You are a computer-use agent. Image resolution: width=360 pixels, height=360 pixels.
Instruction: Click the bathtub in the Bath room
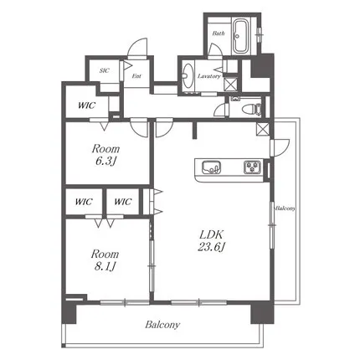(239, 36)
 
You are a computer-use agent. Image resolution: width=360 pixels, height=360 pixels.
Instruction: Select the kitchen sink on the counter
(211, 167)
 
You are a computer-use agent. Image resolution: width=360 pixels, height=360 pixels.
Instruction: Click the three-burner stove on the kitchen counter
(252, 167)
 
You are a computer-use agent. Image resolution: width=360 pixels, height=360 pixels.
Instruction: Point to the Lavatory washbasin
(188, 75)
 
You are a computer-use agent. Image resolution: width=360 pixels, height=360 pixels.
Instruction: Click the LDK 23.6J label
(211, 240)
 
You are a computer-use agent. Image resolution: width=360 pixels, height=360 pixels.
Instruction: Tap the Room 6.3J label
(105, 155)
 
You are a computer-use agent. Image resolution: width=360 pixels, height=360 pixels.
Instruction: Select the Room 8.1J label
(105, 260)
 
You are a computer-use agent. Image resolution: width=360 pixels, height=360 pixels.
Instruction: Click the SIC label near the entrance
(104, 70)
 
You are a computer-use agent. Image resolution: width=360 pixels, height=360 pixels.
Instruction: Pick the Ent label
(136, 76)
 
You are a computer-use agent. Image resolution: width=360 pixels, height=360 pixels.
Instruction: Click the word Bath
(219, 33)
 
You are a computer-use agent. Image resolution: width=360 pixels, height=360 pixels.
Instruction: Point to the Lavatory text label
(209, 76)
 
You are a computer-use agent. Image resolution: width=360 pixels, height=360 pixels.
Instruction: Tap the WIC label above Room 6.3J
(87, 105)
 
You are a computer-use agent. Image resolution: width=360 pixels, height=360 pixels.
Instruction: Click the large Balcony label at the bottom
(162, 325)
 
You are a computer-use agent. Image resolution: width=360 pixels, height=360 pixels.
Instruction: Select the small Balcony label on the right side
(285, 208)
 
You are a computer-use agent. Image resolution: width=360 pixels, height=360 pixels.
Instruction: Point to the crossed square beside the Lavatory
(231, 84)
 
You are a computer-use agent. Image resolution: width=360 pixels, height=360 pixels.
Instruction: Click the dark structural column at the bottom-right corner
(262, 312)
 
